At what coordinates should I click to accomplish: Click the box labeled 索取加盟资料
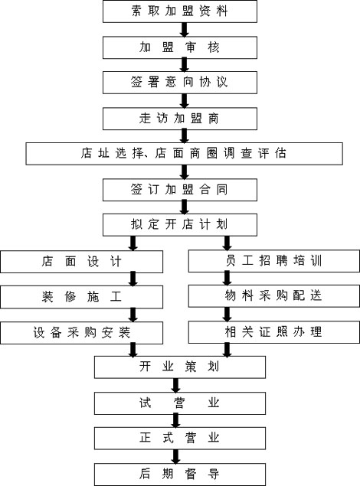point(180,11)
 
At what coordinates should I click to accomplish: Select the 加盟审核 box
point(180,47)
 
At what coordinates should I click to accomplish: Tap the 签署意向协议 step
point(180,83)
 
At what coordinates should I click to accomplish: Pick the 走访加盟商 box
point(180,119)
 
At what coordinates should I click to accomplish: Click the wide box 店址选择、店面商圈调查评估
point(184,154)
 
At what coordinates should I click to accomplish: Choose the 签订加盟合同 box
point(180,190)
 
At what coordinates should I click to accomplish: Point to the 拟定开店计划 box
point(180,225)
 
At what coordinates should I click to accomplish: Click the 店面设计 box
point(81,262)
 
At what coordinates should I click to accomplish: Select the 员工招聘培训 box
point(274,261)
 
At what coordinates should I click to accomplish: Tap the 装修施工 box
point(81,297)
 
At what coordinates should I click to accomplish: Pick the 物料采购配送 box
point(274,296)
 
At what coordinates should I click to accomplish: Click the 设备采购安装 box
point(81,333)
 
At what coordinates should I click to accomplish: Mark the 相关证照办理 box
point(274,332)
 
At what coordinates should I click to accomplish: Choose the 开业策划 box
point(180,367)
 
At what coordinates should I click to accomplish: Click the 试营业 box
point(180,403)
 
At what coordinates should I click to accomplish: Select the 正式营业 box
point(180,439)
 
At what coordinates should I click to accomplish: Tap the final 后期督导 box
point(180,475)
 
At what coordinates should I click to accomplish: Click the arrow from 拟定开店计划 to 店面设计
point(133,243)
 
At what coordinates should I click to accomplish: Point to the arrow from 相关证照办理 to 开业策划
point(227,350)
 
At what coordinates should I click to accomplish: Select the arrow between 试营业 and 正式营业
point(176,421)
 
